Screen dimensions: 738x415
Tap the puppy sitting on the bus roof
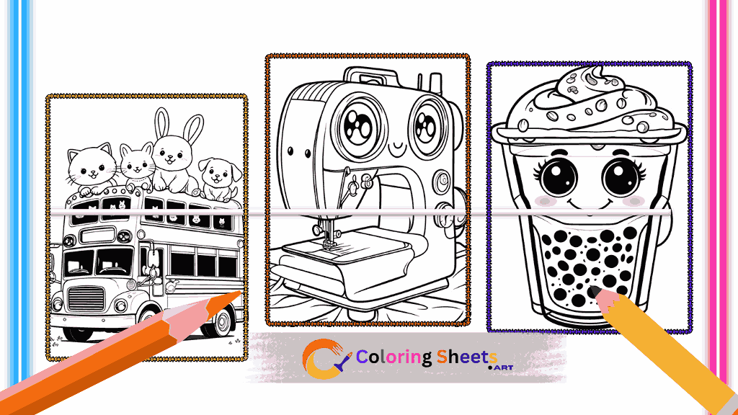click(x=219, y=179)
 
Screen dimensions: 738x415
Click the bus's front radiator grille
click(x=86, y=299)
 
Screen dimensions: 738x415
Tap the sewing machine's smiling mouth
click(x=398, y=151)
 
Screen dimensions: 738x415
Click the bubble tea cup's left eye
click(x=559, y=177)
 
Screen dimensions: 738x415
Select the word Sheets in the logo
click(x=467, y=357)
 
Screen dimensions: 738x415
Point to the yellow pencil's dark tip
click(x=595, y=291)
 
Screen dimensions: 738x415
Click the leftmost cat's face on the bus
click(x=92, y=166)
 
